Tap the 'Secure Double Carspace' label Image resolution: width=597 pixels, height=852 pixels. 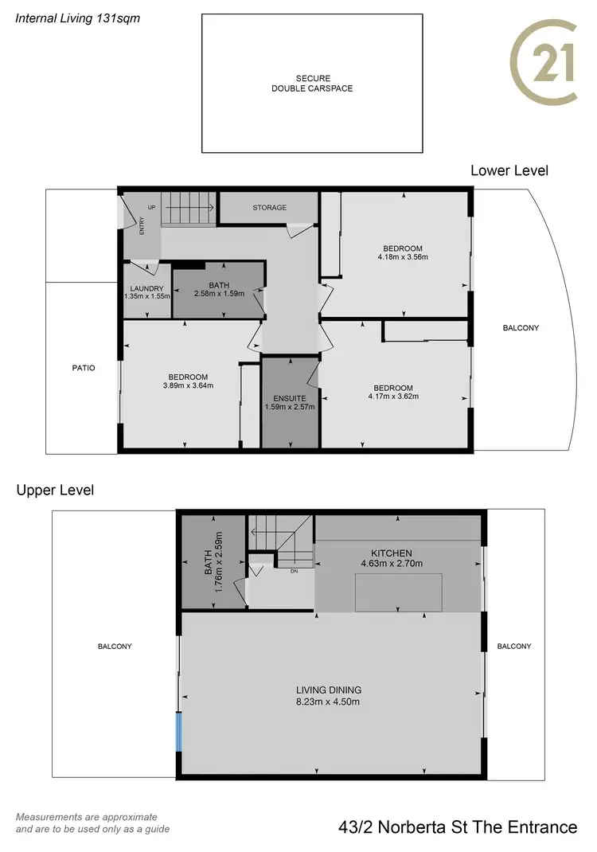tap(312, 84)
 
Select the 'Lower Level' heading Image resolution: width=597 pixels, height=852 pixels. tap(509, 170)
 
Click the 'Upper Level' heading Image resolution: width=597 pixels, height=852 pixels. tap(55, 490)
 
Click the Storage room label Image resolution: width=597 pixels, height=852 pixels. tap(269, 208)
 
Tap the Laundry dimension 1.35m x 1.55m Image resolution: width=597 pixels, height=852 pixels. tap(147, 296)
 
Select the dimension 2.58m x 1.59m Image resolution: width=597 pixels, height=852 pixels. tap(218, 293)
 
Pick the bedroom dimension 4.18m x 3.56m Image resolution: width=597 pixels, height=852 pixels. tap(403, 257)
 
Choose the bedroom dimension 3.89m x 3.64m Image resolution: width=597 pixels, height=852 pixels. tap(188, 386)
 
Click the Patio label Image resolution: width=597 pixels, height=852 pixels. tap(83, 368)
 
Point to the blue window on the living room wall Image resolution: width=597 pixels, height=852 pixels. tap(179, 732)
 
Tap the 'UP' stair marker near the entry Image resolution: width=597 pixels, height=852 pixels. tap(150, 206)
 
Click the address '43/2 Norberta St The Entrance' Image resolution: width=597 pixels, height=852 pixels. tap(458, 827)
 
